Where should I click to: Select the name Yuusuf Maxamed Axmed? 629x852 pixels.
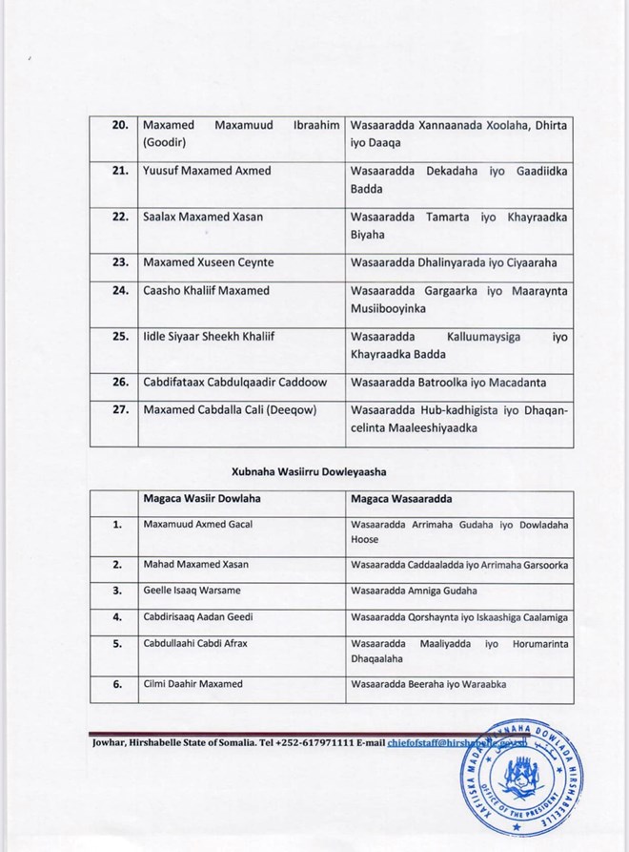(206, 170)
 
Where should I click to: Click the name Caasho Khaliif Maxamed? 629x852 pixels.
(206, 290)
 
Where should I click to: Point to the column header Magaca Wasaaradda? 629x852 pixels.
(402, 499)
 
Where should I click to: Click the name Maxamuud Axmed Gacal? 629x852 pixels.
(197, 525)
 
